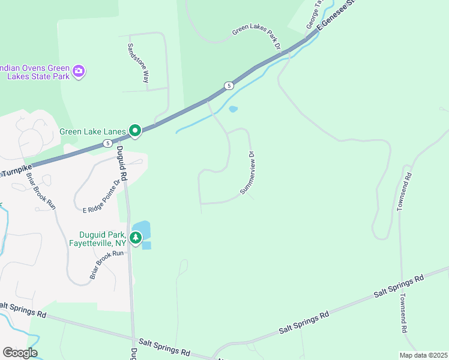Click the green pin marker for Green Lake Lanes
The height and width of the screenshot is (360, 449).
tap(136, 131)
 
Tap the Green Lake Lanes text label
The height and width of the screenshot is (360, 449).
tap(93, 131)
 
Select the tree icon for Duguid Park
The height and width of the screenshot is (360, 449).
tap(136, 238)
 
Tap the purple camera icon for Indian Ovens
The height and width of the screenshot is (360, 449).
tap(79, 72)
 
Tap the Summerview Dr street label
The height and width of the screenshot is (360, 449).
tap(249, 172)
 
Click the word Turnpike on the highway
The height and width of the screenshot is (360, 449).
tap(17, 172)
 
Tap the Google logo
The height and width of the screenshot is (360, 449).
tap(20, 353)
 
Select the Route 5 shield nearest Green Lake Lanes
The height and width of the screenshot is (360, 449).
tap(107, 143)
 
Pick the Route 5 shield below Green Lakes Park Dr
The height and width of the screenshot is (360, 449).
tap(229, 86)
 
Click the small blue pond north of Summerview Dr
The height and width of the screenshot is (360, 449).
tap(233, 109)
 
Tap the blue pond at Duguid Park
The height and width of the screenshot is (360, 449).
tap(143, 231)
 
